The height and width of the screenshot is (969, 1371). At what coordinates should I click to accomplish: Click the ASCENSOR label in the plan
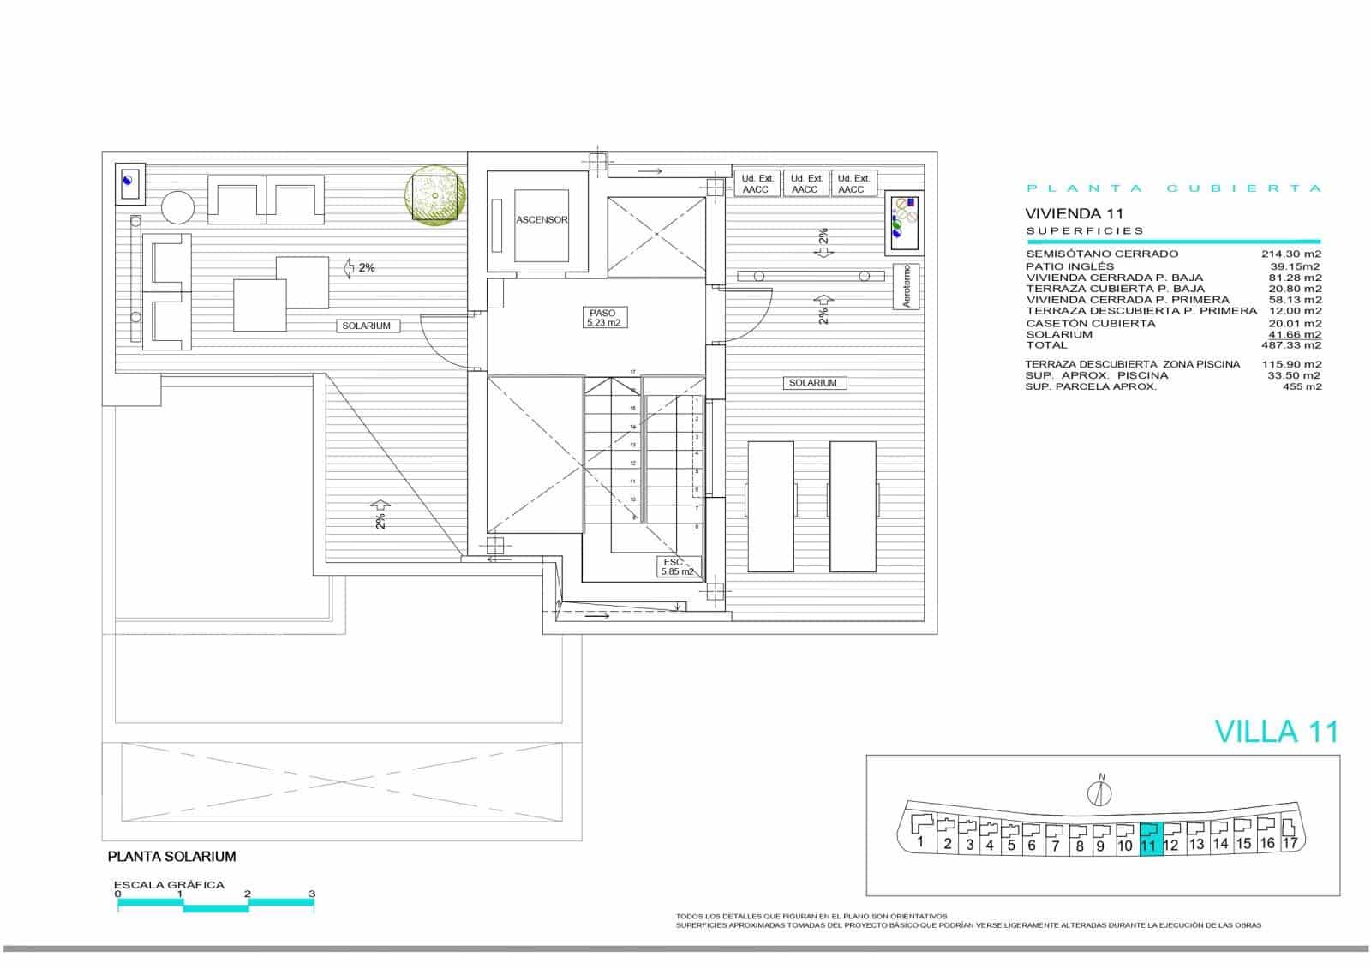(x=542, y=220)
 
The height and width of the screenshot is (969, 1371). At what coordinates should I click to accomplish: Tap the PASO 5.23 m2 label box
(x=602, y=318)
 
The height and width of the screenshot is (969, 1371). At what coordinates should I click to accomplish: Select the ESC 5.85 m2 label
(x=677, y=566)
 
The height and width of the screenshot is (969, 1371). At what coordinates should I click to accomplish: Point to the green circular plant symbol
(x=434, y=196)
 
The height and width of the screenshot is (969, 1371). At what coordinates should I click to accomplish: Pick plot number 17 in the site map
(x=1289, y=842)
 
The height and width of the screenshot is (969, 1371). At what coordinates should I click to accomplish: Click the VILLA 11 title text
(x=1276, y=731)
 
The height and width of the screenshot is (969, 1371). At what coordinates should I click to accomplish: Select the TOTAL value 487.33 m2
(x=1294, y=345)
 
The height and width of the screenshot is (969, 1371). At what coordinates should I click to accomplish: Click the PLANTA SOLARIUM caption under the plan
(x=171, y=856)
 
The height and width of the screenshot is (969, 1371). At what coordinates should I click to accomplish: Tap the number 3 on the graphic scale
(x=312, y=894)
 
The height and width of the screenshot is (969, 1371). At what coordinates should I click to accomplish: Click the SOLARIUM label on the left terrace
(x=366, y=326)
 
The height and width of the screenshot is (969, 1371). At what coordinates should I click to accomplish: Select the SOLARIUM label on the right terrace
(x=812, y=383)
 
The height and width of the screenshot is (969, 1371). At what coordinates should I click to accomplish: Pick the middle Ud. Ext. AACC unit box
(x=805, y=183)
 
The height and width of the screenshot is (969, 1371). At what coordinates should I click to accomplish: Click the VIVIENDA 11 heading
(x=1074, y=213)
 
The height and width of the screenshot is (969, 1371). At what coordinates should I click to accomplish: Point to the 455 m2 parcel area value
(x=1302, y=386)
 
